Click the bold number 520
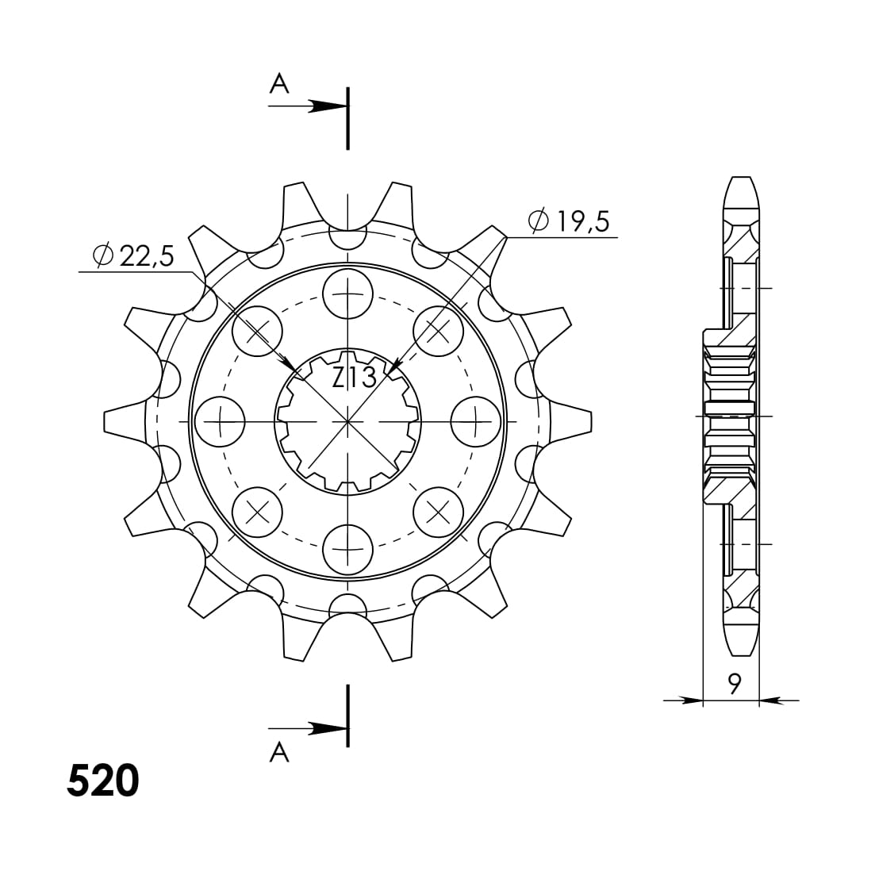click(103, 781)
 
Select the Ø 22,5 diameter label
click(133, 255)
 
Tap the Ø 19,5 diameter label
click(569, 222)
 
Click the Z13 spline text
click(354, 378)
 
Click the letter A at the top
click(278, 83)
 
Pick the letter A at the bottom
click(278, 751)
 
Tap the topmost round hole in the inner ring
click(347, 293)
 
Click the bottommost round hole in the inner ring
click(347, 548)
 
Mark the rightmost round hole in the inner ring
click(475, 420)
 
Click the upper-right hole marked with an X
click(438, 330)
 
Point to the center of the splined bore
click(347, 420)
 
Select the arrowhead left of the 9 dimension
click(692, 700)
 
